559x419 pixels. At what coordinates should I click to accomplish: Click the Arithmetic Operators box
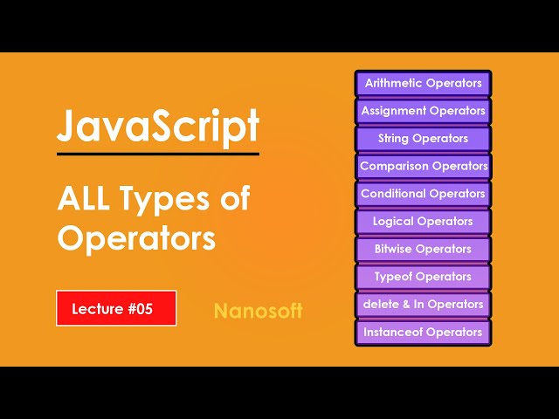[x=424, y=84]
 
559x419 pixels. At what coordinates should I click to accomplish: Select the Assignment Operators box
[x=424, y=111]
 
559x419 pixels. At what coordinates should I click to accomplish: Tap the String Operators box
[x=424, y=139]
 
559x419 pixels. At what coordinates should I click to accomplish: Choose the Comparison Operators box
[x=424, y=166]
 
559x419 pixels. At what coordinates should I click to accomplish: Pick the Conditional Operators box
[x=424, y=194]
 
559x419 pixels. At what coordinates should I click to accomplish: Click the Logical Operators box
[x=424, y=222]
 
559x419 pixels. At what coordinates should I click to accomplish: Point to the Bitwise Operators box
[x=424, y=249]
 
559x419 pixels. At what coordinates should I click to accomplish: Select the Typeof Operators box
[x=424, y=277]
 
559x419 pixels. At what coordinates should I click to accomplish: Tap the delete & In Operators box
[x=424, y=305]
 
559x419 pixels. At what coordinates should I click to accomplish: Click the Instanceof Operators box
[x=424, y=333]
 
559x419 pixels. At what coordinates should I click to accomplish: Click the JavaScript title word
[x=158, y=127]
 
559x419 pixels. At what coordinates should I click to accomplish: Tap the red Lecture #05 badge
[x=116, y=308]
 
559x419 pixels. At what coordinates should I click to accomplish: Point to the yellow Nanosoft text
[x=258, y=311]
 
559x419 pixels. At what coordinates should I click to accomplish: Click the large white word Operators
[x=136, y=237]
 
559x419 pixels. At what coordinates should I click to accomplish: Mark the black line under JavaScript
[x=158, y=155]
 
